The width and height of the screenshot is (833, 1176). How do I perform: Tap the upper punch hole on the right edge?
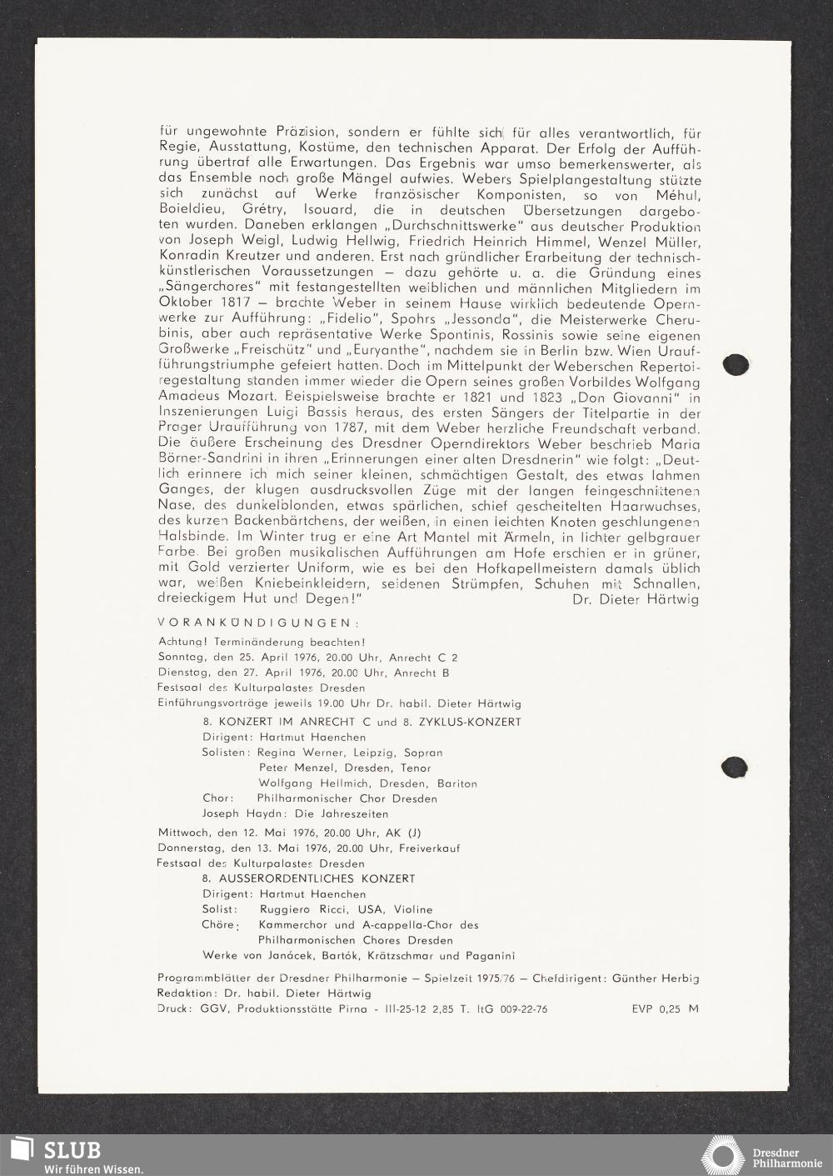(733, 364)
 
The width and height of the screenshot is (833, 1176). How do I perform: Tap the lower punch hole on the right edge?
(734, 766)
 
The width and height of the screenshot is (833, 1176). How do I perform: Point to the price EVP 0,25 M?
(665, 1008)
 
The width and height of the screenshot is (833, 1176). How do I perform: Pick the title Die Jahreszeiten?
(347, 813)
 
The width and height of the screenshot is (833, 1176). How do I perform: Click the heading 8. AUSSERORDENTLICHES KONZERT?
(308, 878)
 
